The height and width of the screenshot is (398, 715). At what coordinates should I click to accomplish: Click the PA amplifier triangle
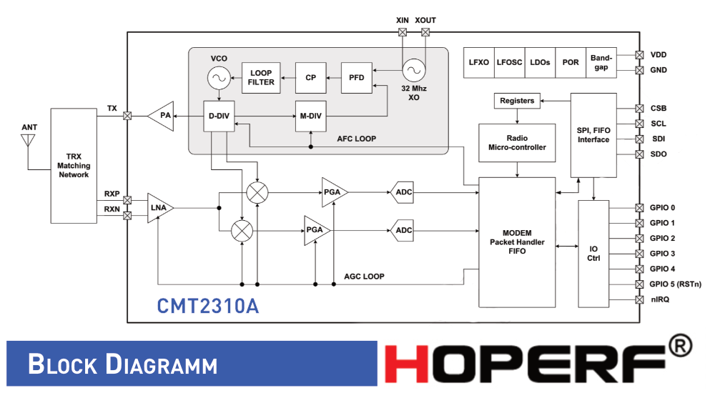pos(163,116)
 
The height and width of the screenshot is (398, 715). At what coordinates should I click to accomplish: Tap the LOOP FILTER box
pos(261,77)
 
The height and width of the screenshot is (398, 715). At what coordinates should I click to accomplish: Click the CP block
pos(310,78)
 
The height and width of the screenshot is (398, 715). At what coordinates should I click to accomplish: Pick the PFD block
pos(357,78)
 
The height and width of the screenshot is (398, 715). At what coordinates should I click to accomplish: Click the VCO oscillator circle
pos(218,76)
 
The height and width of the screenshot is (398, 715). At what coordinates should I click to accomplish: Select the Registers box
pos(517,101)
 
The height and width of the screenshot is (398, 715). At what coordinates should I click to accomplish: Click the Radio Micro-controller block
pos(517,142)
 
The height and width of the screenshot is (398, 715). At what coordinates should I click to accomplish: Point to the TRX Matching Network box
pos(74,165)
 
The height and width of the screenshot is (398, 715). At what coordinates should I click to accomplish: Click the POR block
pos(571,62)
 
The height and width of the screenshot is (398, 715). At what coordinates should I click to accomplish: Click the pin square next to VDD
pos(639,54)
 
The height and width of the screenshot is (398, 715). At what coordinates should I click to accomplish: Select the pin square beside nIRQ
pos(639,299)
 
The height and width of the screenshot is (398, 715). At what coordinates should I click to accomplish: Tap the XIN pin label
pos(403,21)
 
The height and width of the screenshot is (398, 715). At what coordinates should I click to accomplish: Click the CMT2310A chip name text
pos(208,306)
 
